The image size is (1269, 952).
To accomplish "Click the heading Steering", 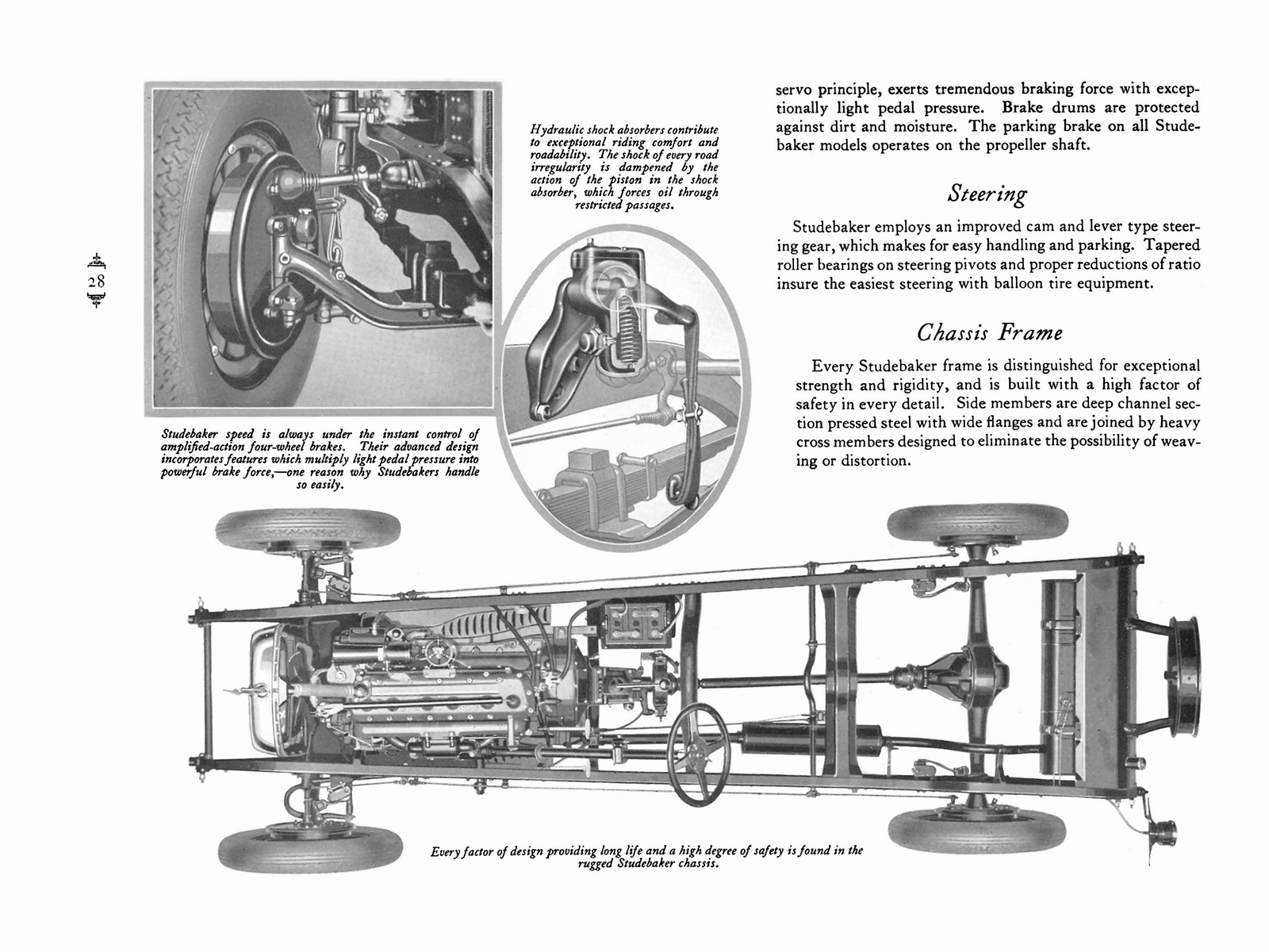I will [x=987, y=194].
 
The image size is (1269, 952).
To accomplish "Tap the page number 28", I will [x=97, y=282].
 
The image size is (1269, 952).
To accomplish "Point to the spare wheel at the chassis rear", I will [x=1185, y=676].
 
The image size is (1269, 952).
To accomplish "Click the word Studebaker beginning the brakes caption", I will [x=192, y=435].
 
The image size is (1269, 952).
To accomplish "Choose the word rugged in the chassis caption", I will [x=596, y=864].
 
